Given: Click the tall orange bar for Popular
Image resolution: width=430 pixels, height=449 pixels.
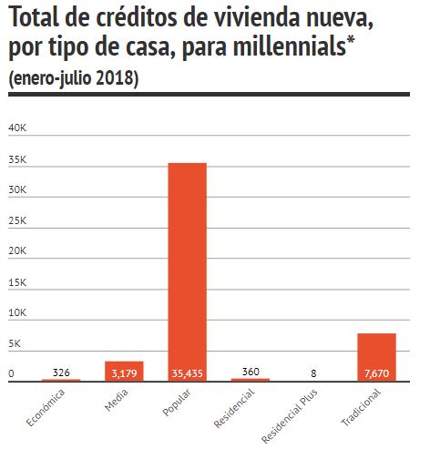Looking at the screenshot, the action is pyautogui.click(x=188, y=272).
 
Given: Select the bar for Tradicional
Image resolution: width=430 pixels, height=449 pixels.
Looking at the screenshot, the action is pyautogui.click(x=376, y=357).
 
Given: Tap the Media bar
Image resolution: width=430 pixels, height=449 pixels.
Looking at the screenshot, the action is pyautogui.click(x=124, y=372).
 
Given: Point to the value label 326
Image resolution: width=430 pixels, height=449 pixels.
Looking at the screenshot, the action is pyautogui.click(x=61, y=372).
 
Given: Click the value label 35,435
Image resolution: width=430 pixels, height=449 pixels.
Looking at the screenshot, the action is pyautogui.click(x=188, y=373).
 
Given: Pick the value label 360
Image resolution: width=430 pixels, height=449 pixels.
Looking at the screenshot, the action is pyautogui.click(x=251, y=372).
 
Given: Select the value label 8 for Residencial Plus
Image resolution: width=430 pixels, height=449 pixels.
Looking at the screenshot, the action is pyautogui.click(x=313, y=373).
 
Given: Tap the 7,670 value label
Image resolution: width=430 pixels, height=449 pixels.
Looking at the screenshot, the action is pyautogui.click(x=376, y=373).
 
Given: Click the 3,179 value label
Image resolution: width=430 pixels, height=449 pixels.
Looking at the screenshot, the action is pyautogui.click(x=124, y=373).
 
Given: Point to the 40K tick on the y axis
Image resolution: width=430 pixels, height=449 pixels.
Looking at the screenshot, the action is pyautogui.click(x=17, y=128).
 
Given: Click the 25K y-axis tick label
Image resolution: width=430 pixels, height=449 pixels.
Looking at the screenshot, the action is pyautogui.click(x=17, y=220).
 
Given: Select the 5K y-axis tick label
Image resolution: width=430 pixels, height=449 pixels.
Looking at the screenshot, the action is pyautogui.click(x=15, y=343).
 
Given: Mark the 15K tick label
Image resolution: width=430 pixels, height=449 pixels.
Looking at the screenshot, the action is pyautogui.click(x=17, y=282).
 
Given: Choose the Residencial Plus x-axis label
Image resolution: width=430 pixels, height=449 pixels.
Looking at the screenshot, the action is pyautogui.click(x=290, y=415).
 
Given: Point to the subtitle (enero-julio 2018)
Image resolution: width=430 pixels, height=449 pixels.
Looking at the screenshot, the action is pyautogui.click(x=74, y=78).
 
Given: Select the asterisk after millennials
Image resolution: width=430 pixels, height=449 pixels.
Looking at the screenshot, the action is pyautogui.click(x=351, y=40).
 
